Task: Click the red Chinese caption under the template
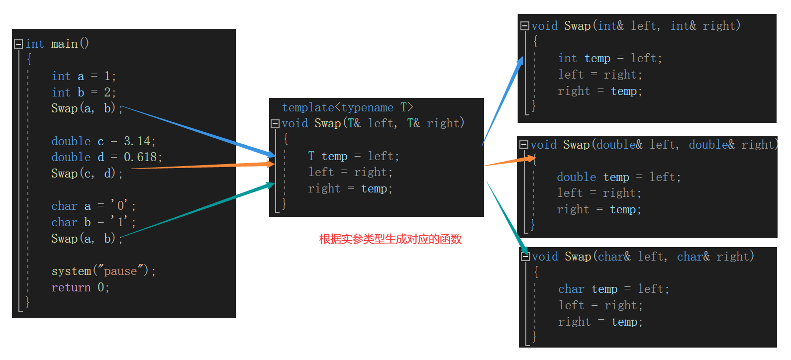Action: point(390,239)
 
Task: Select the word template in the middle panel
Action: point(308,107)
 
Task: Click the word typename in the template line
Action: point(367,107)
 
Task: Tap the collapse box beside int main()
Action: point(18,44)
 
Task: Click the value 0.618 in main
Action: point(143,157)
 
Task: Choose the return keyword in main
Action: point(71,287)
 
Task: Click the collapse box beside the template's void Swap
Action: point(275,123)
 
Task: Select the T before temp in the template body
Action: point(311,156)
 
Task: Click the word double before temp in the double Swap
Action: point(576,177)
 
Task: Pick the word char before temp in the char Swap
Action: point(571,289)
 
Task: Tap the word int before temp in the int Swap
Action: point(567,58)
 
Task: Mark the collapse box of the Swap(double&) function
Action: point(523,145)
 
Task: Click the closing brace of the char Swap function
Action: point(534,337)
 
